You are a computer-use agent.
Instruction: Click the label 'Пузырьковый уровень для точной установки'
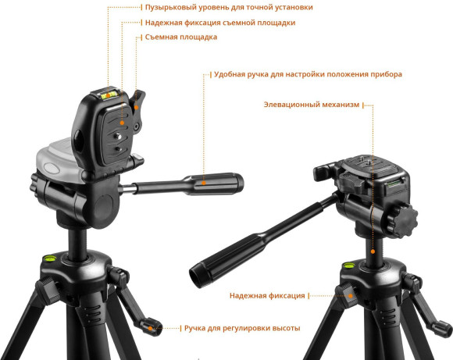(229, 7)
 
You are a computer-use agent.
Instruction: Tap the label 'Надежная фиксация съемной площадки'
(220, 23)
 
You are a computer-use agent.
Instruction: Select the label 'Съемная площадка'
(181, 37)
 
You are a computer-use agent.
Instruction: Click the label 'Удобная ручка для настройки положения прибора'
(308, 74)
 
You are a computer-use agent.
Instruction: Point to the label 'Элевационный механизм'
(312, 105)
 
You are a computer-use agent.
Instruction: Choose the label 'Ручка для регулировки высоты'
(242, 328)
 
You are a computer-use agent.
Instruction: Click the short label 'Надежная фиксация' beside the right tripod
(267, 295)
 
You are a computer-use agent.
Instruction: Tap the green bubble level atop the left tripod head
(109, 94)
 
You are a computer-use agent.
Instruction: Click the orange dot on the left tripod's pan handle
(204, 183)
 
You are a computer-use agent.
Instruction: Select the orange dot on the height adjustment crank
(150, 328)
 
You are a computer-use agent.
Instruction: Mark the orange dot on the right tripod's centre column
(373, 251)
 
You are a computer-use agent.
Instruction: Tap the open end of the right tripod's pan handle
(194, 277)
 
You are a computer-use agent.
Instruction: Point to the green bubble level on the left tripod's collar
(50, 258)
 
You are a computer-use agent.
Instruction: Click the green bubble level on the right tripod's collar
(348, 265)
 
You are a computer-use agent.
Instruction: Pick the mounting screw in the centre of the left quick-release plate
(117, 136)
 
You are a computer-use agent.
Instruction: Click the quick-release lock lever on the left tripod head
(137, 111)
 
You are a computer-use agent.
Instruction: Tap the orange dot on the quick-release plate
(122, 123)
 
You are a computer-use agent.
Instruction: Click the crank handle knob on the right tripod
(441, 329)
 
